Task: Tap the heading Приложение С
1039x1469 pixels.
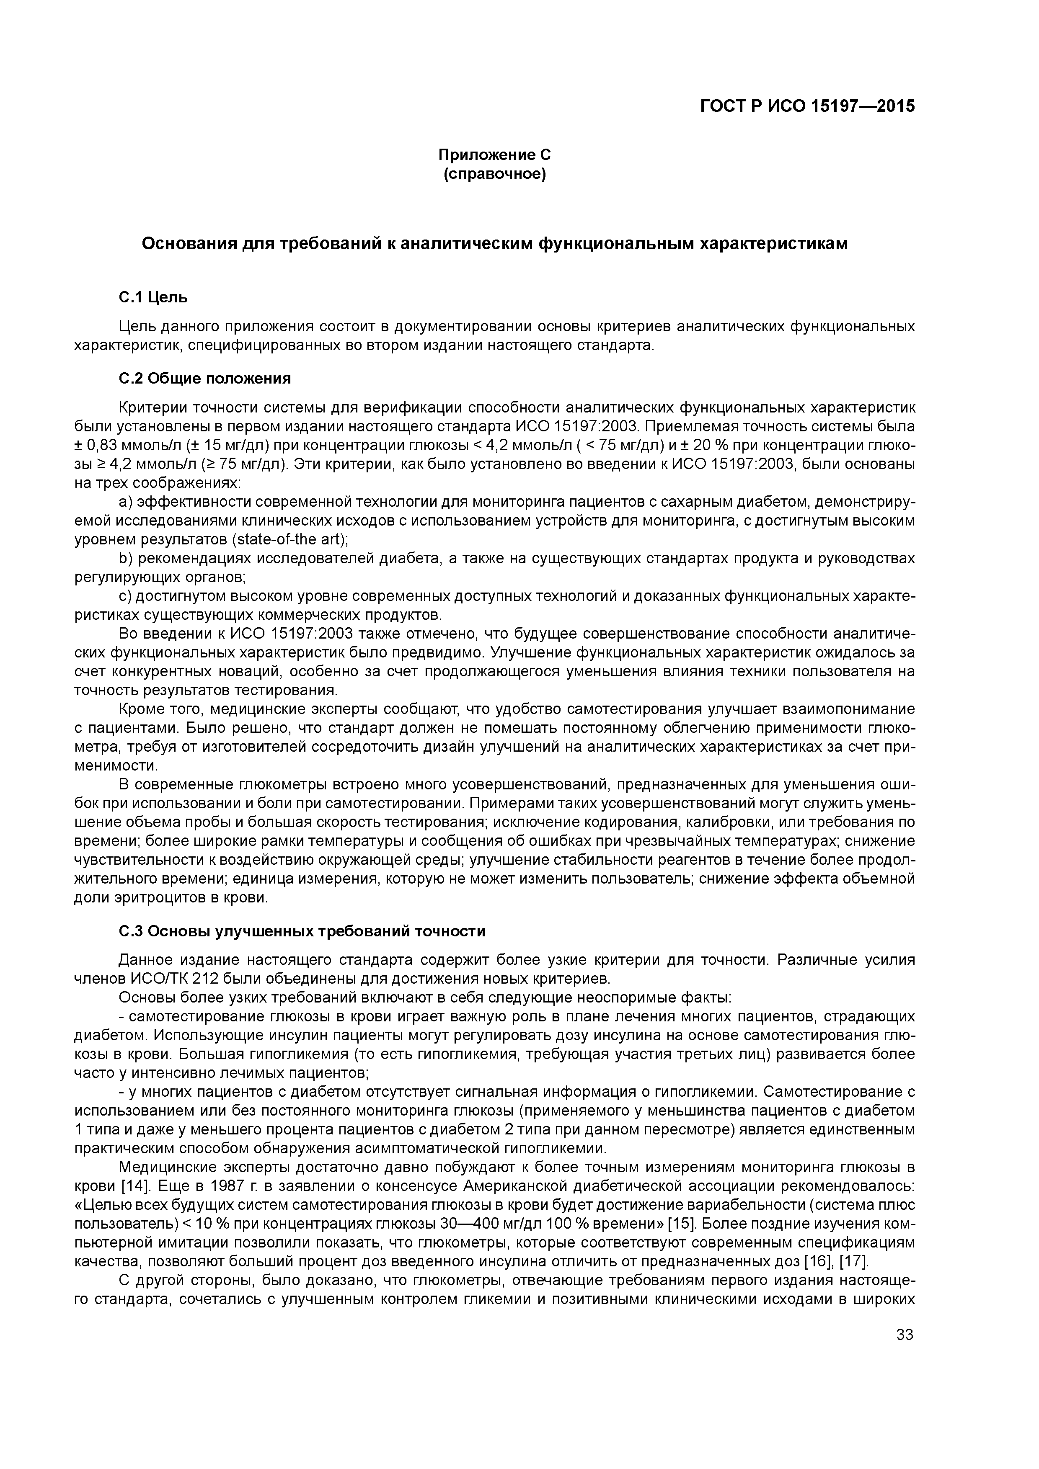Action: pos(494,155)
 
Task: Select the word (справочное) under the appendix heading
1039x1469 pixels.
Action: pos(494,174)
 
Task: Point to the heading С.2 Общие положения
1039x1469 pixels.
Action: pos(205,379)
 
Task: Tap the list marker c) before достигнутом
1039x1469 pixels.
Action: pos(125,596)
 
